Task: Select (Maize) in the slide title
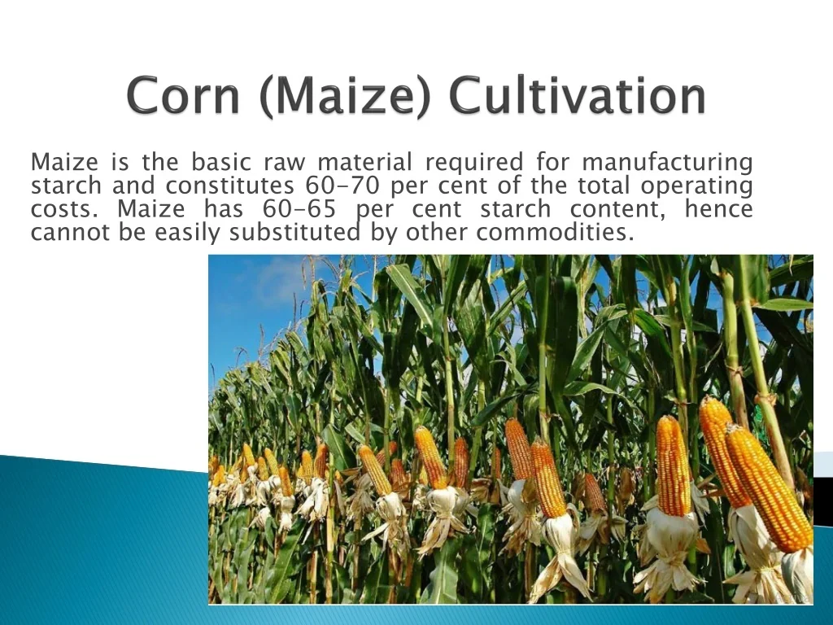345,96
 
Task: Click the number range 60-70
342,186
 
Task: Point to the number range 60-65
299,209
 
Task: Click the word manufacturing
667,163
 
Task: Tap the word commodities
555,232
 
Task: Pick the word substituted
294,232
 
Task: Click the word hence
719,209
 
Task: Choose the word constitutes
229,186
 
